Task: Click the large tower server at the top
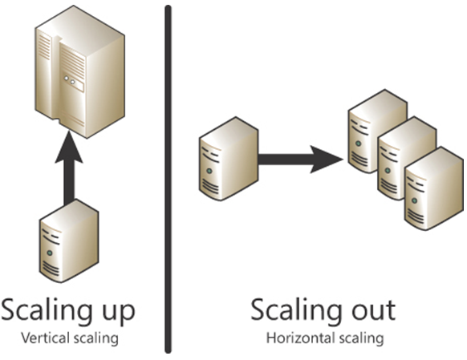coord(79,71)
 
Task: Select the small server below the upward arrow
coord(69,241)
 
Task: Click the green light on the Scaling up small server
coord(50,253)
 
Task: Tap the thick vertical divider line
coord(169,179)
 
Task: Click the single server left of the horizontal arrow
coord(229,159)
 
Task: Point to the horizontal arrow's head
coord(327,160)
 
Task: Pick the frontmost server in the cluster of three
coord(434,188)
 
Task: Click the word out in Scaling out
coord(374,310)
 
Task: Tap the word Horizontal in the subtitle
coord(301,338)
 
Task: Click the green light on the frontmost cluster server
coord(414,200)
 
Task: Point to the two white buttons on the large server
coord(69,79)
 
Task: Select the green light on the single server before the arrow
coord(209,171)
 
